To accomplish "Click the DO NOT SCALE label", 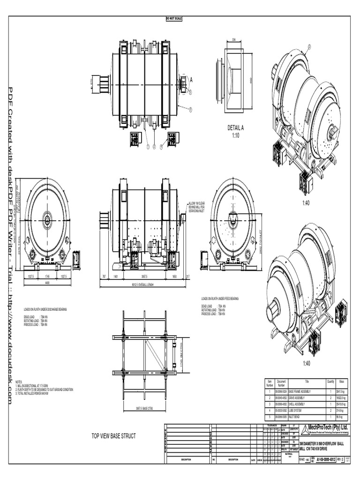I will pos(174,18).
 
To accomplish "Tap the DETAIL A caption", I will pos(235,127).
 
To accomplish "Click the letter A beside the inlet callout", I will pos(191,80).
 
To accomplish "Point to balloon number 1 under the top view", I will pos(148,147).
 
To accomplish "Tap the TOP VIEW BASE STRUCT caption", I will pos(113,436).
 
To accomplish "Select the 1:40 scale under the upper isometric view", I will pos(306,202).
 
